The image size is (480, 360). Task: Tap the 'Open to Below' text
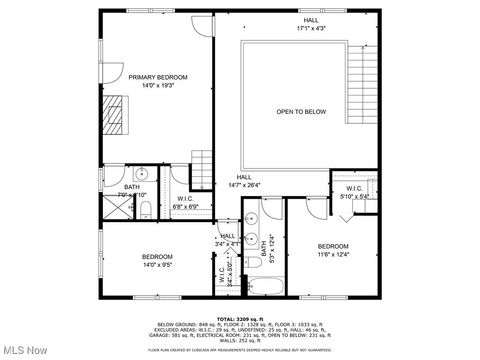(301, 111)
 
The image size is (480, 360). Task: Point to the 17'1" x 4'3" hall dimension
(312, 28)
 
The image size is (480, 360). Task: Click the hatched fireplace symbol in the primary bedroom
(116, 113)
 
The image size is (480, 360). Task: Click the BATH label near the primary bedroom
(132, 187)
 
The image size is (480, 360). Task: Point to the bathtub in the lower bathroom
(266, 288)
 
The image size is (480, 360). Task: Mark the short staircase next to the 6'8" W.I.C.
(203, 165)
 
